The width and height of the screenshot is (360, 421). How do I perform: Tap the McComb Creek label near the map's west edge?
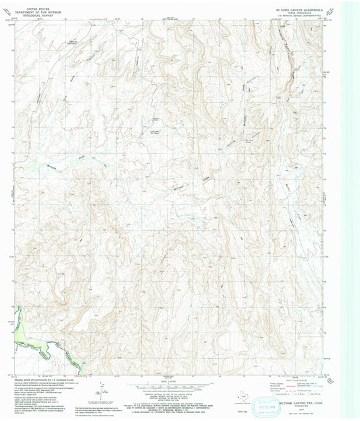[53, 166]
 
